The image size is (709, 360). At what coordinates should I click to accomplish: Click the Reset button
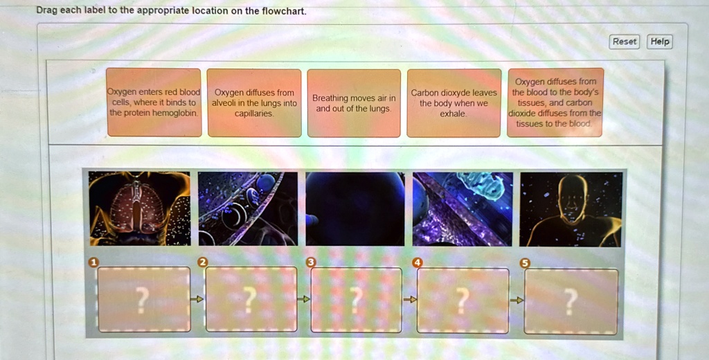coord(624,42)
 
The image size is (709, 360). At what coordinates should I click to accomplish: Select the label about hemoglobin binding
coord(154,102)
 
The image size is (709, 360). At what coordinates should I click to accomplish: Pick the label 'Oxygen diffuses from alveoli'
coord(254,102)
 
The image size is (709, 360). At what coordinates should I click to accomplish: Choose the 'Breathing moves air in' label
coord(354,102)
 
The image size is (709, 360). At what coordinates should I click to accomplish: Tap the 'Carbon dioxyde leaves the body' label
coord(454,102)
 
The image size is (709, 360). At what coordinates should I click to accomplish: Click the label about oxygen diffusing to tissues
coord(555,102)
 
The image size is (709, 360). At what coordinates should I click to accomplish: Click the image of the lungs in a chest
coord(140,208)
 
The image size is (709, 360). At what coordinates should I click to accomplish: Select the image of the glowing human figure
coord(571,208)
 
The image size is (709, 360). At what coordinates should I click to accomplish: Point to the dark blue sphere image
coord(355,208)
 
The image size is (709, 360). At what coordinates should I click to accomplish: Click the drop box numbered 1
coord(143,299)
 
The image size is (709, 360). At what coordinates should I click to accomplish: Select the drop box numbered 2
coord(251,299)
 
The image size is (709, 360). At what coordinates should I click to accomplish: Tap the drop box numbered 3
coord(357,299)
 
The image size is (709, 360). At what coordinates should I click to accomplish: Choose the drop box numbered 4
coord(463,299)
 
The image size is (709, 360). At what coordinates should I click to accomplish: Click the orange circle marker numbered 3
coord(311,262)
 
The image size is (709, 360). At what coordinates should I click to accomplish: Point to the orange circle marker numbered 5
coord(524,263)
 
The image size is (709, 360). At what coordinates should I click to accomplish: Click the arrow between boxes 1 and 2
coord(197,299)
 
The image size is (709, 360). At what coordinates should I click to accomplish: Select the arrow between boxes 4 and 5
coord(517,300)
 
